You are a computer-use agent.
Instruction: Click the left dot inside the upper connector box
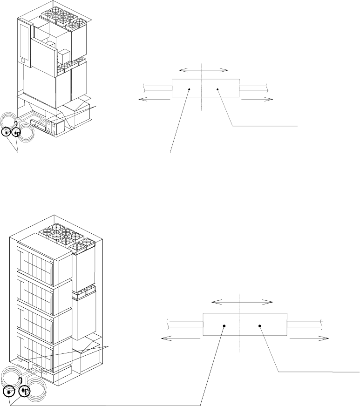189,89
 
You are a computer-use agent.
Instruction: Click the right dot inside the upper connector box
217,89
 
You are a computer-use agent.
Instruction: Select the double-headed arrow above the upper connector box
204,70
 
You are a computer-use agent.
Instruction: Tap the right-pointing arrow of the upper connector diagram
257,99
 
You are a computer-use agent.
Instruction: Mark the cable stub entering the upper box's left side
157,87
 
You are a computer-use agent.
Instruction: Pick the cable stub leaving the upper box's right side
253,87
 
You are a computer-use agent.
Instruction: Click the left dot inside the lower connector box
224,326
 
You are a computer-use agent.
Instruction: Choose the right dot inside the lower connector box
259,326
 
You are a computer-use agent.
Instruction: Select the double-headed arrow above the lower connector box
243,302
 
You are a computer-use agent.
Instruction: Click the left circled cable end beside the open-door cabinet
6,132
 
